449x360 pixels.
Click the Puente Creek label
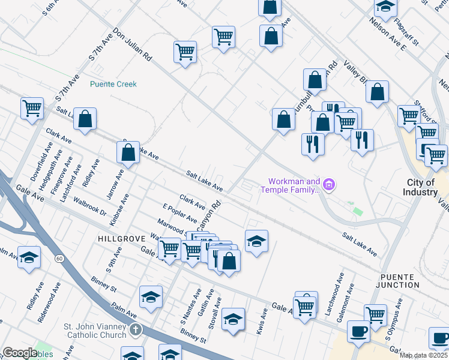113,85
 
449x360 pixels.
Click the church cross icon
136,329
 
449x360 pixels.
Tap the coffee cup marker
358,332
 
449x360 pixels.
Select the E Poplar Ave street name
179,213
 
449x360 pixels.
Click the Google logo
19,352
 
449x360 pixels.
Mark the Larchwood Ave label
340,287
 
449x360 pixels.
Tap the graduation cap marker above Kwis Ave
256,241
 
